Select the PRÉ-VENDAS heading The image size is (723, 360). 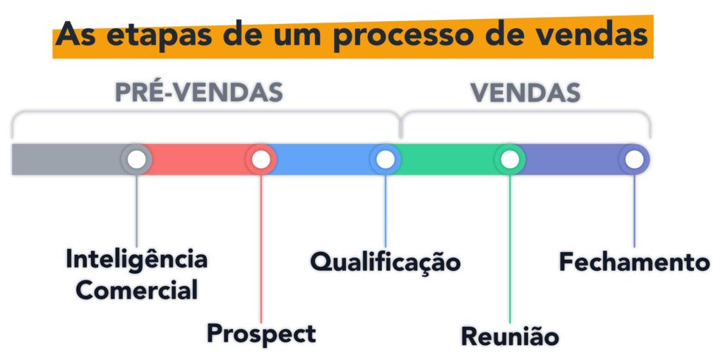pos(198,92)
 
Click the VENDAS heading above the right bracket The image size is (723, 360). pos(526,92)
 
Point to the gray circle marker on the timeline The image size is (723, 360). pos(136,160)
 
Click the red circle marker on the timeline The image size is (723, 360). pos(261,160)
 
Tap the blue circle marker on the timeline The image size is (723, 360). pos(385,160)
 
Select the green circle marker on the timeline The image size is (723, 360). pos(509,160)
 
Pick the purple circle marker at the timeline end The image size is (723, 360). pos(634,160)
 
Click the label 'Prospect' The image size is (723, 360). pos(261,333)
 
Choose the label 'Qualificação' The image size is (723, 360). pos(386,262)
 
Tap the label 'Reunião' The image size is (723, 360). pos(510,336)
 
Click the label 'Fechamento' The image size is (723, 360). pos(634,262)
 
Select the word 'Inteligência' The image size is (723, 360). pos(136,260)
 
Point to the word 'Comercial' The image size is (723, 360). pos(136,289)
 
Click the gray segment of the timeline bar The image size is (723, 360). pos(67,160)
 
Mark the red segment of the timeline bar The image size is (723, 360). pos(198,160)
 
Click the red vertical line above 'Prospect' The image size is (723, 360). pos(261,247)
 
